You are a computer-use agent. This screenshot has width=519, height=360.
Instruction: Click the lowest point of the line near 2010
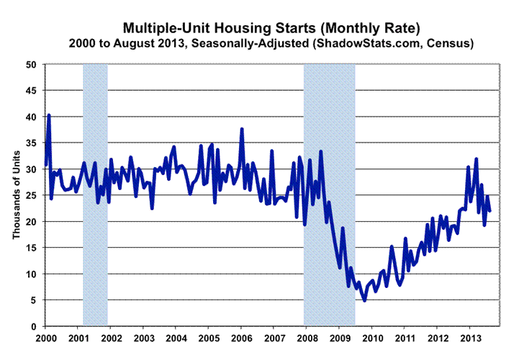point(364,300)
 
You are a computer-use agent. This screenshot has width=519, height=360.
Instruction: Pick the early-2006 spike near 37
point(242,129)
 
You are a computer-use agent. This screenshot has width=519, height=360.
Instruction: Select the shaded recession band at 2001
point(96,194)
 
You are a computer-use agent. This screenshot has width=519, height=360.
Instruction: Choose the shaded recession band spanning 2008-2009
point(330,194)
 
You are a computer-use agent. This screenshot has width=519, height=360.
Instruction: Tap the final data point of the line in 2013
point(490,211)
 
